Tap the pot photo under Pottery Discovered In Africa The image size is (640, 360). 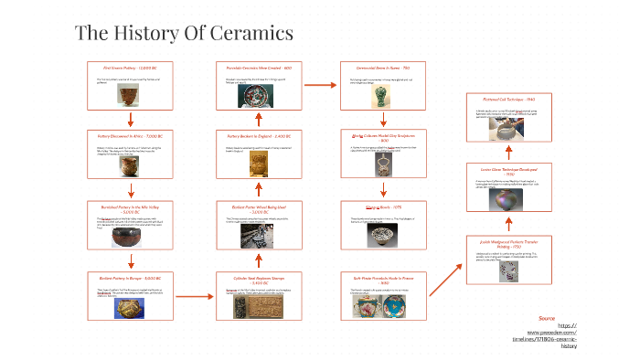coord(133,167)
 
